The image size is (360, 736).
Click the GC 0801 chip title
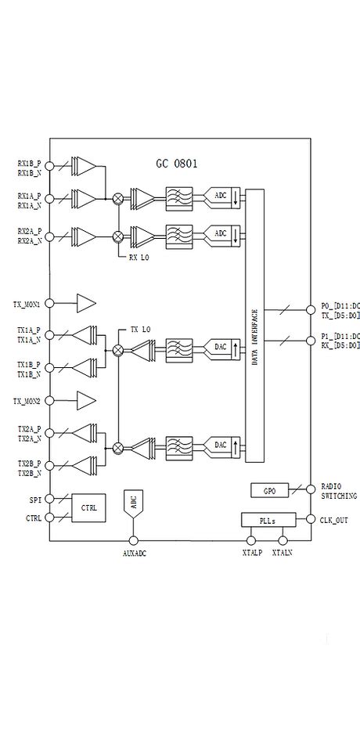tap(176, 164)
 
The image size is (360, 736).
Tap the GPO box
tap(269, 491)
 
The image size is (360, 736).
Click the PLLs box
tap(268, 520)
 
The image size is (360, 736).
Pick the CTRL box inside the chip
tap(89, 508)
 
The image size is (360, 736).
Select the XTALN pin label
tap(282, 554)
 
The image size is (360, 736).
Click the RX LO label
tap(139, 257)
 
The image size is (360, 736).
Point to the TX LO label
tap(140, 330)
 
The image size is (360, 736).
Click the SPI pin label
tap(34, 499)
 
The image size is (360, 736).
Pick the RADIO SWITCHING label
tap(339, 491)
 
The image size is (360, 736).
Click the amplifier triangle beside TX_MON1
tap(85, 303)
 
